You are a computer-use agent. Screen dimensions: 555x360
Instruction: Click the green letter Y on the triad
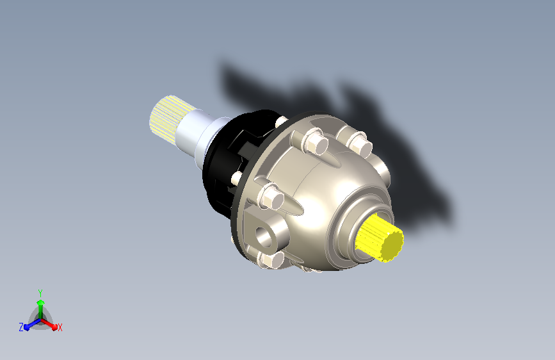(40, 293)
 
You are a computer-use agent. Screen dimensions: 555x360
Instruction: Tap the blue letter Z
(21, 327)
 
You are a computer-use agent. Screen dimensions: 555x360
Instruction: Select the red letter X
(60, 328)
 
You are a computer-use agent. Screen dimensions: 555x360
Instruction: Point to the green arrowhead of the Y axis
(41, 302)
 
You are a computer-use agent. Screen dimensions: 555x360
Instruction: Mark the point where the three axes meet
(41, 320)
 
